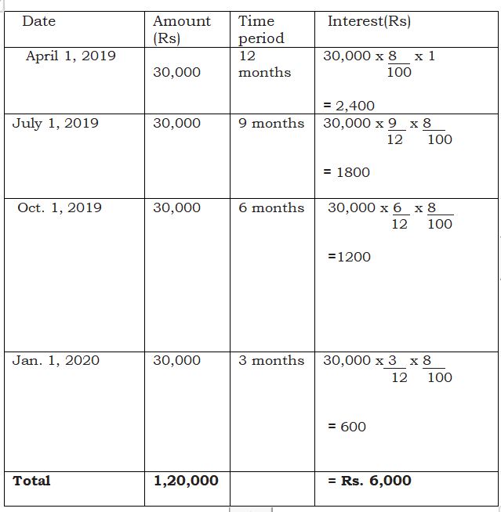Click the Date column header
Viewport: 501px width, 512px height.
[x=38, y=21]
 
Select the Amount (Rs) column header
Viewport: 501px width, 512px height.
[x=181, y=30]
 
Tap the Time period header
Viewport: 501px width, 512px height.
[x=261, y=30]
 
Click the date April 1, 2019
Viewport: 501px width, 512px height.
[x=71, y=56]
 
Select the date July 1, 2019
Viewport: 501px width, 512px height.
[x=55, y=123]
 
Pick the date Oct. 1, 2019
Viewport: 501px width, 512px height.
[x=60, y=207]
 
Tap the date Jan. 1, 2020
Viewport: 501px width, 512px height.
[x=56, y=360]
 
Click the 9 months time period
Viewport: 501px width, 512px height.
[x=271, y=123]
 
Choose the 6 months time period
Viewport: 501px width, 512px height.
[x=271, y=207]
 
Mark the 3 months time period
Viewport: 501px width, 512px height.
[x=271, y=360]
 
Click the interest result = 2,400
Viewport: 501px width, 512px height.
[x=349, y=106]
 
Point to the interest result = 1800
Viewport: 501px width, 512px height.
[x=347, y=172]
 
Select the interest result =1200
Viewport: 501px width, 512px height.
[x=350, y=257]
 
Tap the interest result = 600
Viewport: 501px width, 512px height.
[x=347, y=427]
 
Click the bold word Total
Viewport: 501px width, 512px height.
[x=31, y=481]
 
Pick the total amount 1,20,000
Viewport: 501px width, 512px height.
[x=186, y=481]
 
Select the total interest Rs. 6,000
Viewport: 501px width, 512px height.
[x=369, y=481]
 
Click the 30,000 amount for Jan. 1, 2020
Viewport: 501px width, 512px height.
[x=176, y=360]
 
